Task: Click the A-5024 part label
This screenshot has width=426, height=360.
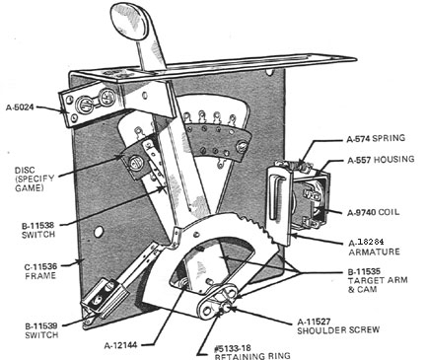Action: [x=20, y=107]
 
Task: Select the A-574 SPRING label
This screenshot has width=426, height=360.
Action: [x=376, y=138]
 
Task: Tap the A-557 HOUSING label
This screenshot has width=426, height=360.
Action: [x=381, y=160]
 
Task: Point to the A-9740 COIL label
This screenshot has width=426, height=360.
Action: [x=374, y=212]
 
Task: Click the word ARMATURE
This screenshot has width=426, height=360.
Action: [x=374, y=252]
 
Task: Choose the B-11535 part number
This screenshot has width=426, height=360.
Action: [x=364, y=272]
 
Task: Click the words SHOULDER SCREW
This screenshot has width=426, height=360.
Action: [x=338, y=329]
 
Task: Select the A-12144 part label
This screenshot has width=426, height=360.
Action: [x=120, y=345]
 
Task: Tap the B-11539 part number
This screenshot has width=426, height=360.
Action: [x=41, y=326]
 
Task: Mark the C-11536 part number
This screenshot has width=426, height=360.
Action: [x=40, y=266]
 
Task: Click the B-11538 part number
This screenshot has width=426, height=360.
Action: [x=37, y=226]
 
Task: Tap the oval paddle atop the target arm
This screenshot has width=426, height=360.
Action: [x=128, y=21]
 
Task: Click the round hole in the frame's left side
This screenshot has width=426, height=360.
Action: [x=99, y=232]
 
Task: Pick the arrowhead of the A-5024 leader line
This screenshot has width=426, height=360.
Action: [x=64, y=110]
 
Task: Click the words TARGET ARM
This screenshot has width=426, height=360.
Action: [x=378, y=281]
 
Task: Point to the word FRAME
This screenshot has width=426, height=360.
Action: [x=40, y=275]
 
